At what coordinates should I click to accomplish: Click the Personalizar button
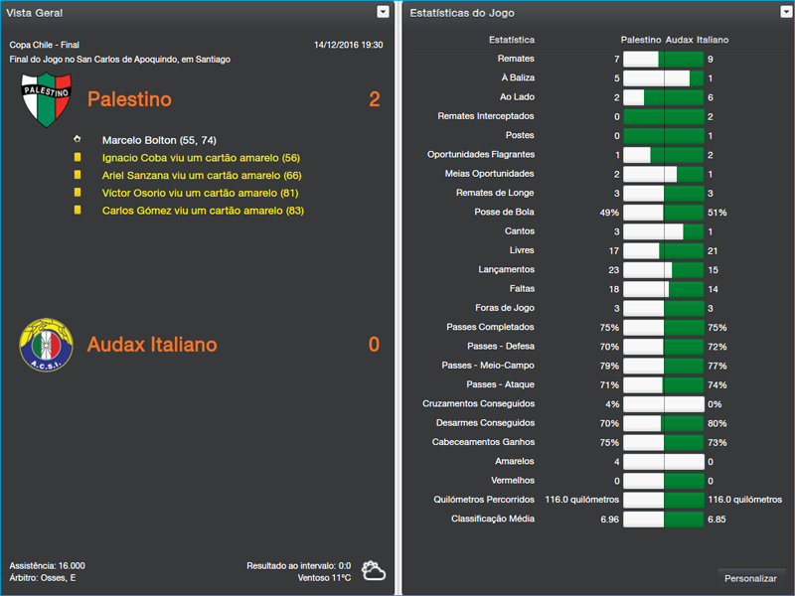[x=750, y=578]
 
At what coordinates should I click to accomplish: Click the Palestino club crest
[x=46, y=99]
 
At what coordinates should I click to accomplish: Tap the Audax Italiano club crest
[x=46, y=344]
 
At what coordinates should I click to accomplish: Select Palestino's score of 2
[x=374, y=99]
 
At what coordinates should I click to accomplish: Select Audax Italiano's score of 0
[x=374, y=345]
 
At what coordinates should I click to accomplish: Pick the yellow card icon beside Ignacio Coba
[x=78, y=157]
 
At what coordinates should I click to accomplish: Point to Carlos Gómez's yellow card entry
[x=203, y=211]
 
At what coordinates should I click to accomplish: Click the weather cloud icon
[x=374, y=570]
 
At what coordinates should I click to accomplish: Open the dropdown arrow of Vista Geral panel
[x=383, y=12]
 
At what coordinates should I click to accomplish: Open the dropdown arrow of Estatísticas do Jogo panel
[x=785, y=12]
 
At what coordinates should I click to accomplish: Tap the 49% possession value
[x=609, y=213]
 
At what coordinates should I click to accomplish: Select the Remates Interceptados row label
[x=486, y=116]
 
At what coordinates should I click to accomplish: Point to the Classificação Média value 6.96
[x=609, y=519]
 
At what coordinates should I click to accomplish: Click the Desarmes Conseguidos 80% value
[x=716, y=423]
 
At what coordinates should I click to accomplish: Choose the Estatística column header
[x=512, y=40]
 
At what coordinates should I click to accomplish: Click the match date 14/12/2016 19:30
[x=348, y=45]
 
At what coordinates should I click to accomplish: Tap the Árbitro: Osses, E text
[x=43, y=577]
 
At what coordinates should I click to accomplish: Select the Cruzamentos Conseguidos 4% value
[x=612, y=404]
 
